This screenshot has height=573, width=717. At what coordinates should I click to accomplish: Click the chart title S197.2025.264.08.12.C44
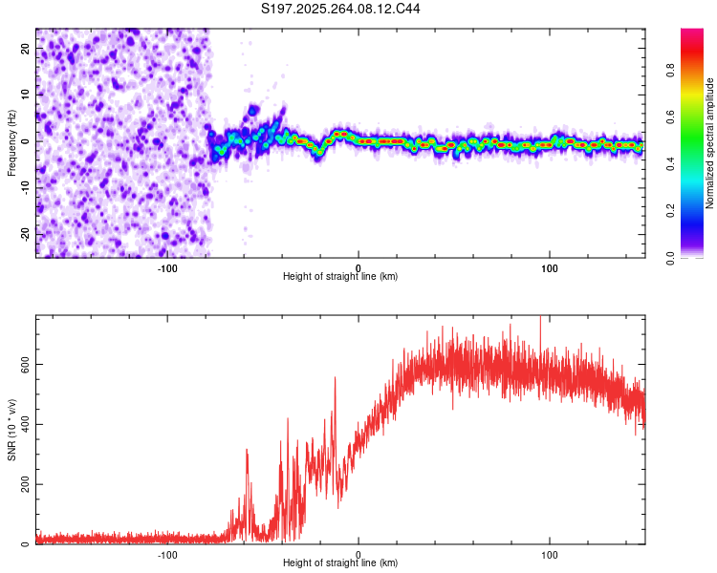[x=341, y=9]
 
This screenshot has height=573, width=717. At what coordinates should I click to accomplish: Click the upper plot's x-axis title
[x=340, y=276]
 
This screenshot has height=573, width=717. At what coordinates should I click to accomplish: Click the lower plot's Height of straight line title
[x=340, y=562]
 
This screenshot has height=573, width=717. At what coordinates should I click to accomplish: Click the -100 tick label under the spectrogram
[x=167, y=267]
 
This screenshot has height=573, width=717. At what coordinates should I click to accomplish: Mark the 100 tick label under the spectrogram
[x=550, y=267]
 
